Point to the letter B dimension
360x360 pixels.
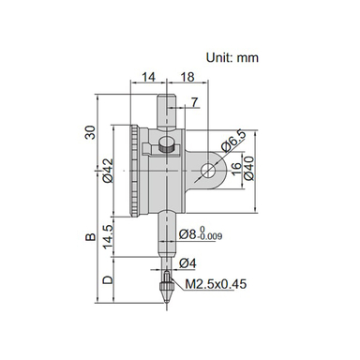pyautogui.click(x=89, y=241)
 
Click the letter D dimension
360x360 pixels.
pyautogui.click(x=109, y=280)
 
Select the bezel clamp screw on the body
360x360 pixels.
pyautogui.click(x=166, y=145)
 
